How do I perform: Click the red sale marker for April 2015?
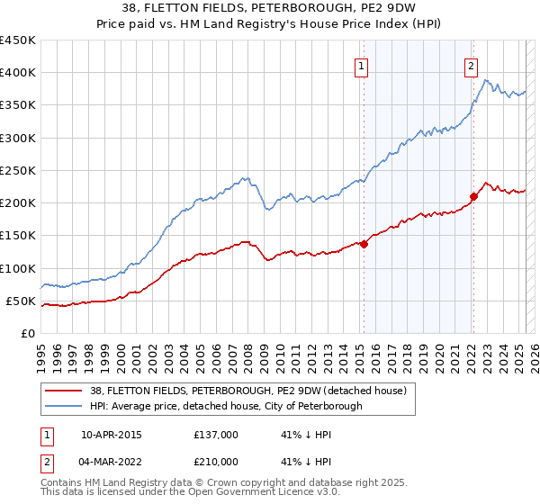(364, 244)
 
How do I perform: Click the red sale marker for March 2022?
(473, 196)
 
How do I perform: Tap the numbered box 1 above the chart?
(361, 65)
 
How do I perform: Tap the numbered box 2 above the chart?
(471, 65)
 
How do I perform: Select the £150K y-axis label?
(18, 236)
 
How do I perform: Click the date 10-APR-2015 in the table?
(112, 435)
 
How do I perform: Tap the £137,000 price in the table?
(216, 435)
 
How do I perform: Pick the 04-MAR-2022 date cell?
(112, 462)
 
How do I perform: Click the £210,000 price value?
(216, 462)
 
